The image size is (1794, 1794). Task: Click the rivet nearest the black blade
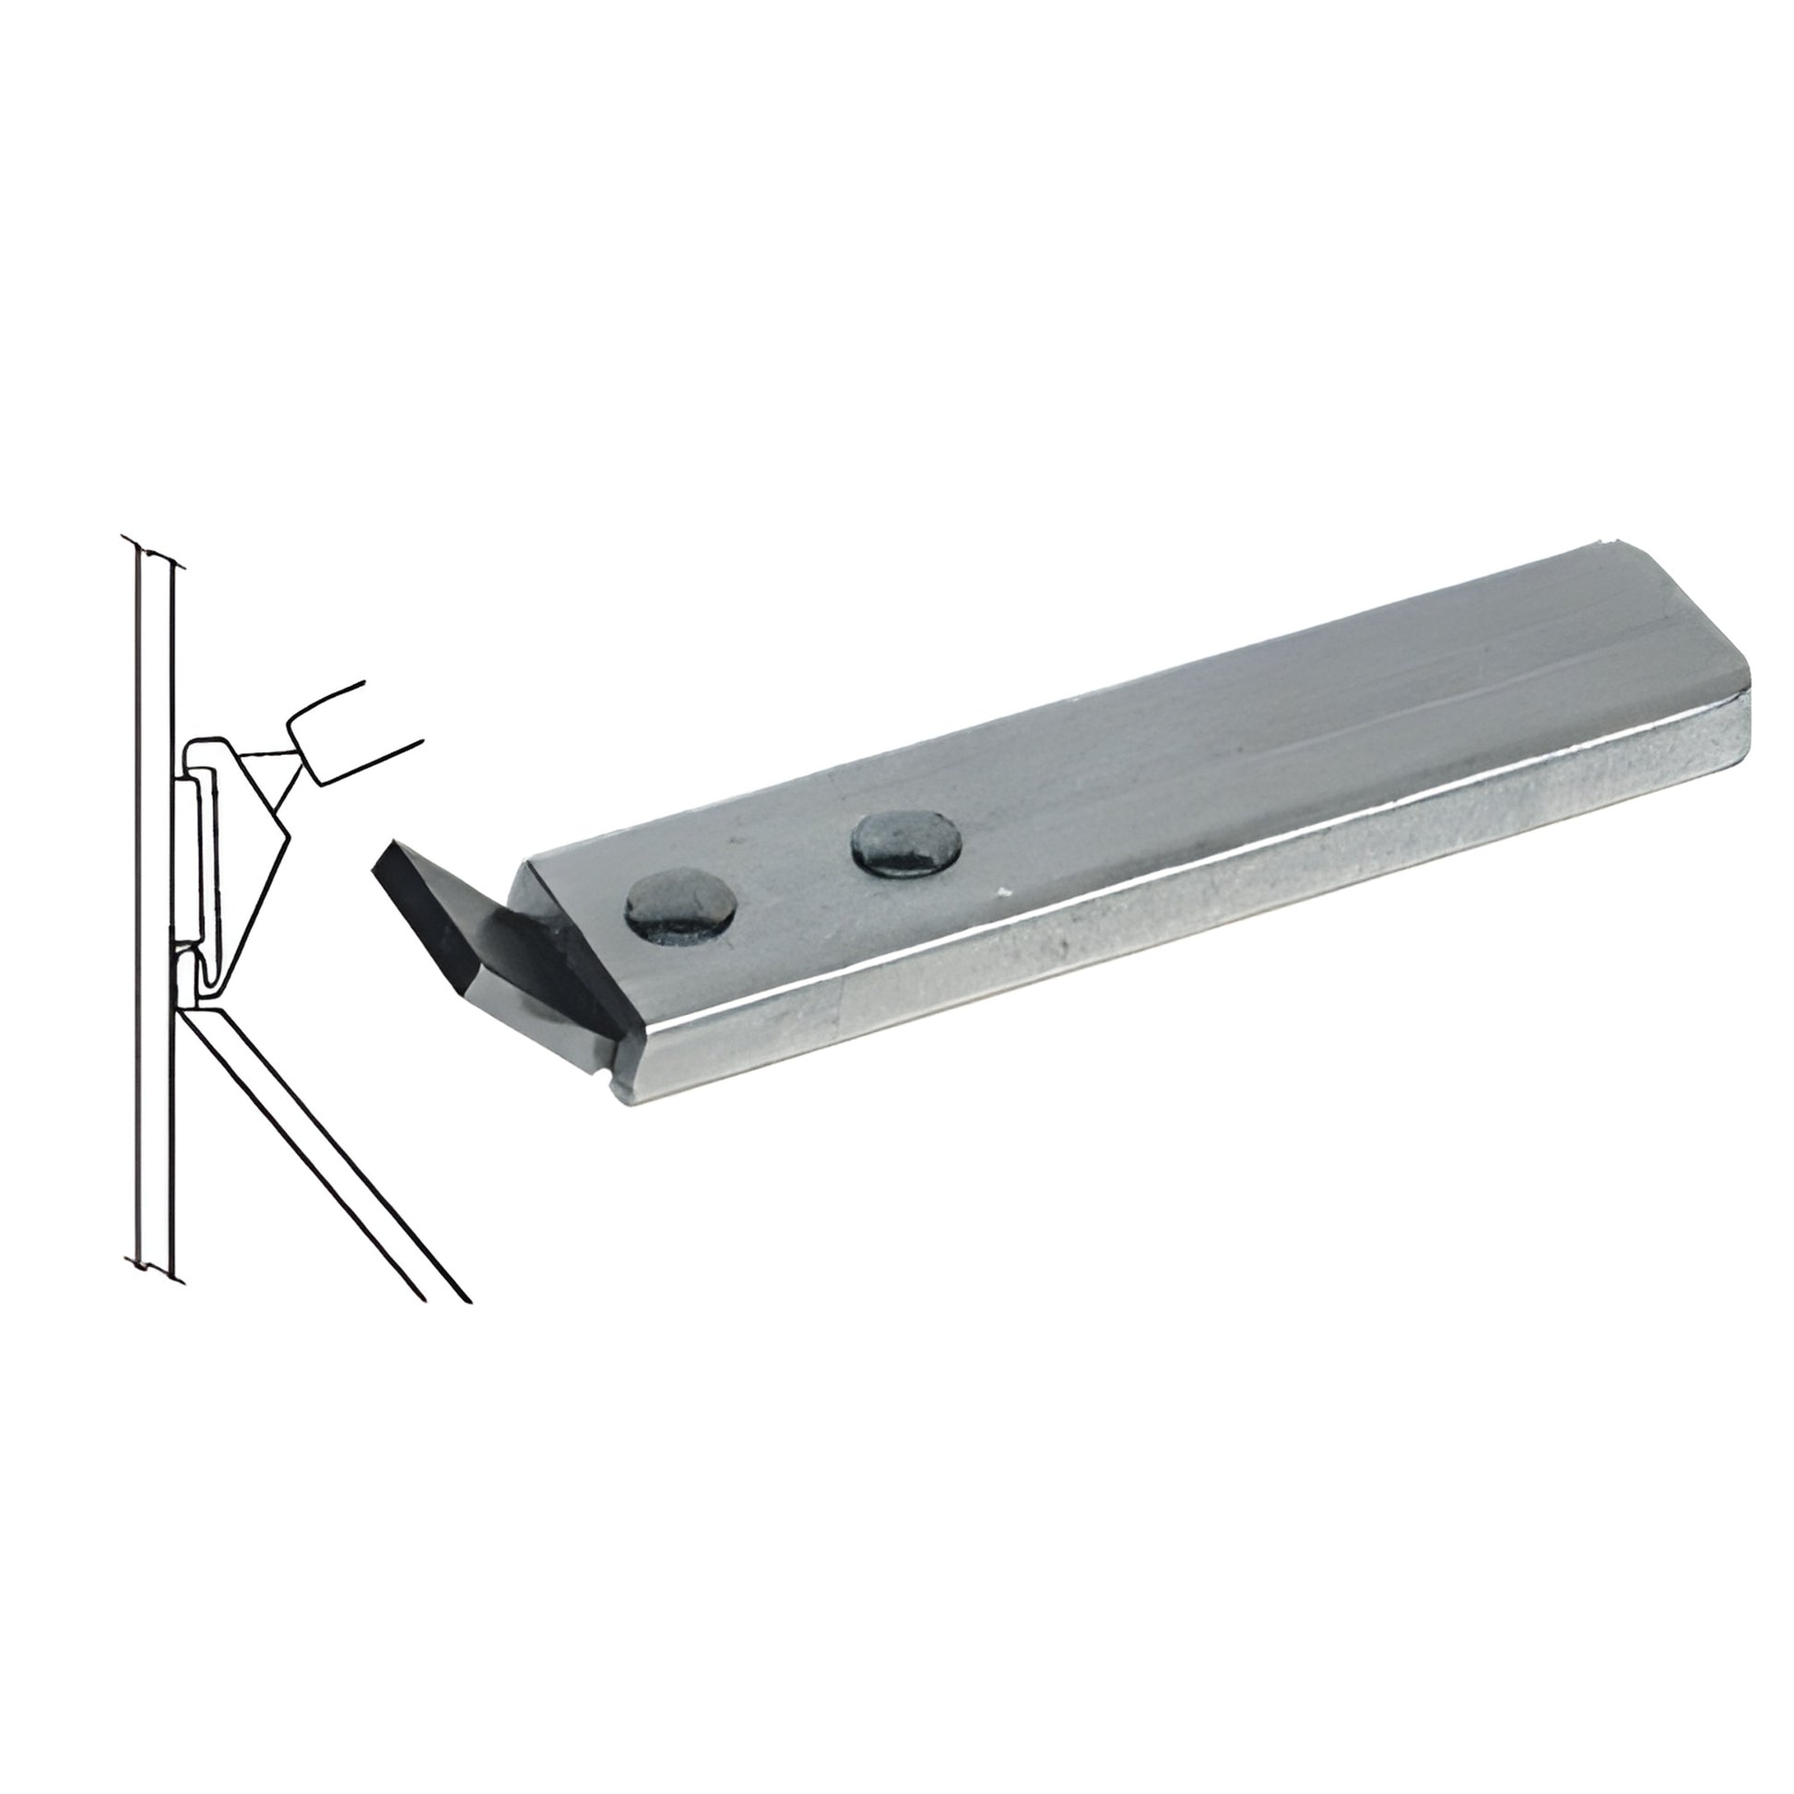(680, 903)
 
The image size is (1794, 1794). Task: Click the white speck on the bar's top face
(1000, 894)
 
